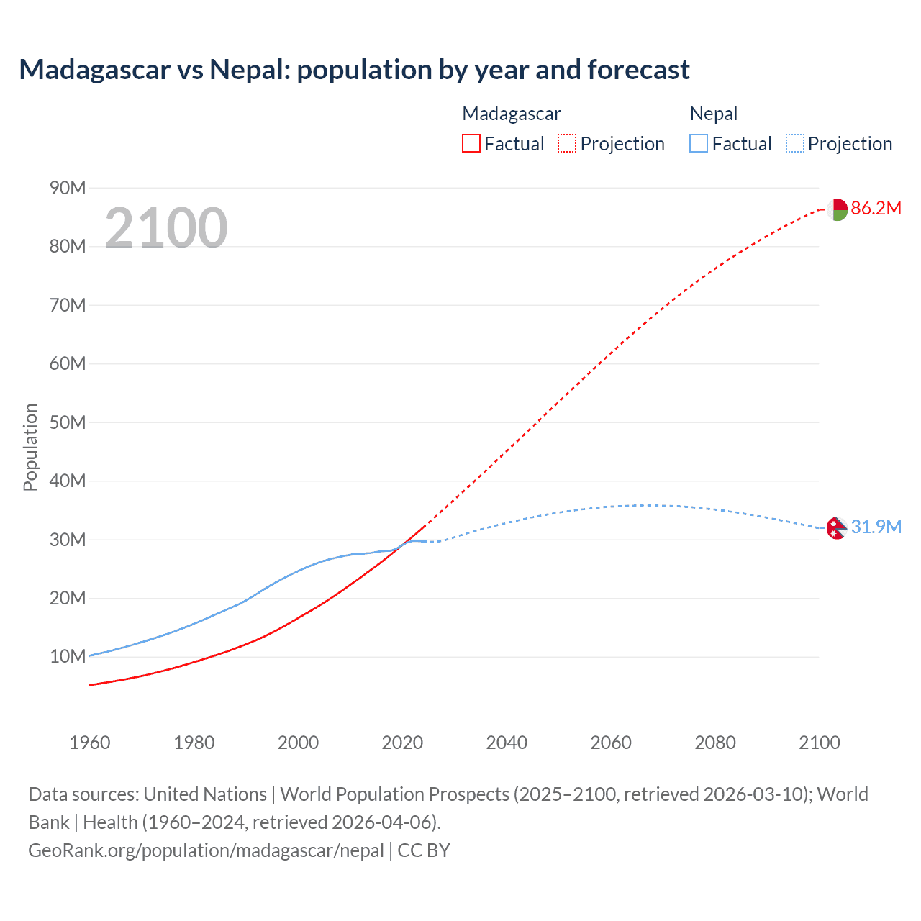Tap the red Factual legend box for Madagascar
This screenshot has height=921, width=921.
point(471,143)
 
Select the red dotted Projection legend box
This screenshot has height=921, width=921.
point(567,143)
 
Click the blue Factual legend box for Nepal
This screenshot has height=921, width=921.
point(699,143)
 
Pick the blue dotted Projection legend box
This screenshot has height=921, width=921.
point(795,143)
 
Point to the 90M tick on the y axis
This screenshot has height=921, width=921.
point(68,188)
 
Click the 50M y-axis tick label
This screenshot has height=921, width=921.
point(68,422)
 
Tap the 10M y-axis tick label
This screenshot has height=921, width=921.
point(68,656)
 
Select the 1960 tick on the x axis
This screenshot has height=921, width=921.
point(90,743)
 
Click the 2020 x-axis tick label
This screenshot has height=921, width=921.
point(402,743)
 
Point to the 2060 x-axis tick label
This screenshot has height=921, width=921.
point(611,743)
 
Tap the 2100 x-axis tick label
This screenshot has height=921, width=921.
point(819,743)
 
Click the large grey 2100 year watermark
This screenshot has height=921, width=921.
point(166,228)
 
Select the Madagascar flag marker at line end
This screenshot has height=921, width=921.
point(836,209)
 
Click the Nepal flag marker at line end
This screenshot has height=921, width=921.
point(836,528)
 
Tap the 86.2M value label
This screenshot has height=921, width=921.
point(876,209)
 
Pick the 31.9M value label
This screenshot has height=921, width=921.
point(876,527)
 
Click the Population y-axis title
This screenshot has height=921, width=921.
point(30,447)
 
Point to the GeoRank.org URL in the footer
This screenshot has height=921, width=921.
point(206,850)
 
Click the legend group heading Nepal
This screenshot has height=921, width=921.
point(714,114)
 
